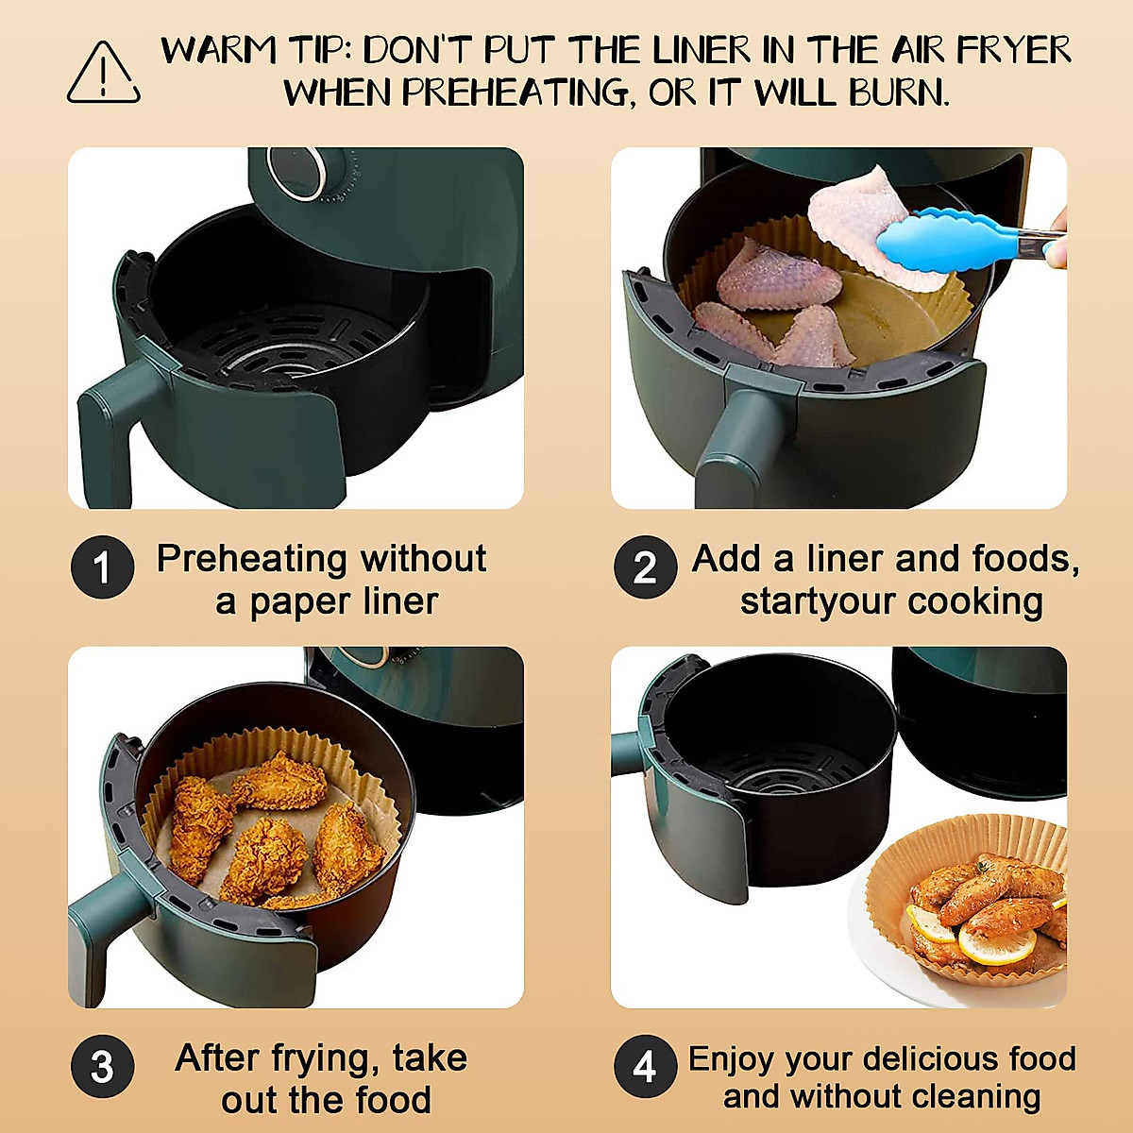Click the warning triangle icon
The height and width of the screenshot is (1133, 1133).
(x=103, y=73)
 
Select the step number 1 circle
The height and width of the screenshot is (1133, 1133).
(x=102, y=567)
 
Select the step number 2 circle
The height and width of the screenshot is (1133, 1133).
(x=645, y=567)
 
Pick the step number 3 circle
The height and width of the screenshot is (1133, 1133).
(x=102, y=1067)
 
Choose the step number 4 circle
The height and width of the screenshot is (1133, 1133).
(x=645, y=1067)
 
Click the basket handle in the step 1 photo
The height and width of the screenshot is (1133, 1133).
(x=113, y=425)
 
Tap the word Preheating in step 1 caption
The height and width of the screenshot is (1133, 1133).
(x=250, y=559)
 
